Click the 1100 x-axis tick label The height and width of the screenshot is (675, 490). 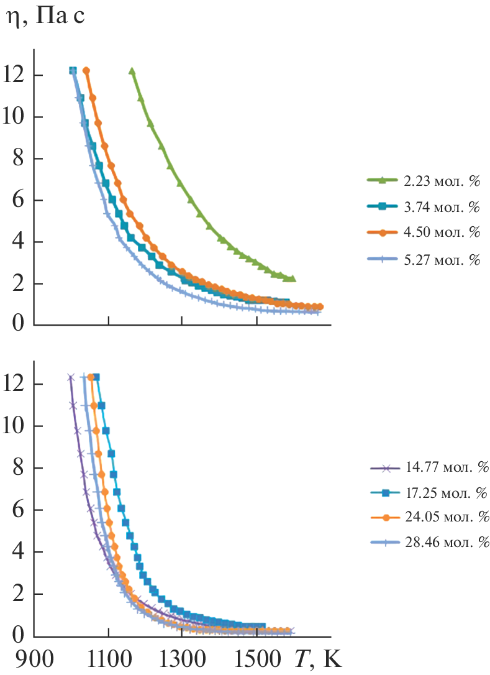pos(109,658)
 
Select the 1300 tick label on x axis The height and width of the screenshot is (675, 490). pos(181,658)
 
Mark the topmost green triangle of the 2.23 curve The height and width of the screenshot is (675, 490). pos(132,71)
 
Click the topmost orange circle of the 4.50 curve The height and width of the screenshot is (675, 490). pos(86,70)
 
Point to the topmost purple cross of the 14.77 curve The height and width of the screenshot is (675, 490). pos(71,377)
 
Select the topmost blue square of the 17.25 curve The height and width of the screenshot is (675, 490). pos(96,377)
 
